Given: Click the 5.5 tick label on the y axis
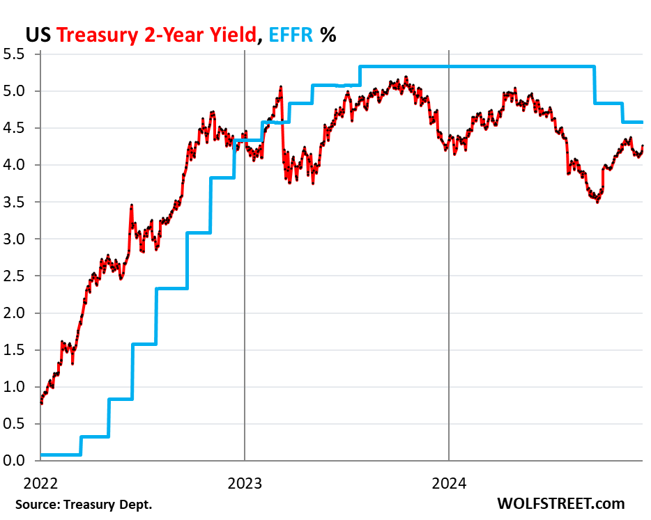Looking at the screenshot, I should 18,54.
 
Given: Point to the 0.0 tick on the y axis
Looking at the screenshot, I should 18,461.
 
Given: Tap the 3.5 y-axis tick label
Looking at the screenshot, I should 18,202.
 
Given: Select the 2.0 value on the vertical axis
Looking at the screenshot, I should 18,313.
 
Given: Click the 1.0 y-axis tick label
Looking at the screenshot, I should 18,387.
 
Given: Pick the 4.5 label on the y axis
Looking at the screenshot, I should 18,128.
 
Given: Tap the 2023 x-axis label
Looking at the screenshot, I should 245,482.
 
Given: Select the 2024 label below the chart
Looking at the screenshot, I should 449,482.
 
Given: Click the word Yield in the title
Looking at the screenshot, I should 232,35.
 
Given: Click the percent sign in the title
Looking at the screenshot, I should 328,35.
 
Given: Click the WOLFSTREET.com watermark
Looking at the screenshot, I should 560,503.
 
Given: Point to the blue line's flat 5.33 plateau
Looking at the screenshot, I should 474,67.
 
